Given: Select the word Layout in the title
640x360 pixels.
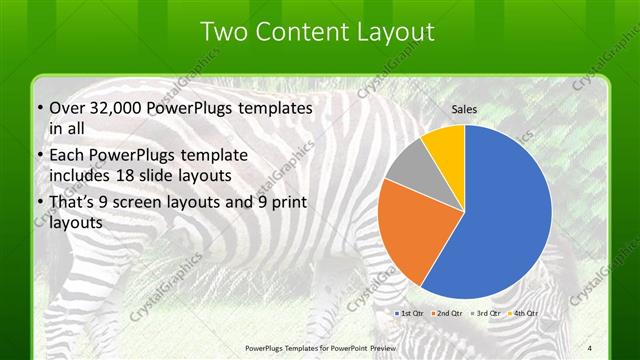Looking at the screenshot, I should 396,33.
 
